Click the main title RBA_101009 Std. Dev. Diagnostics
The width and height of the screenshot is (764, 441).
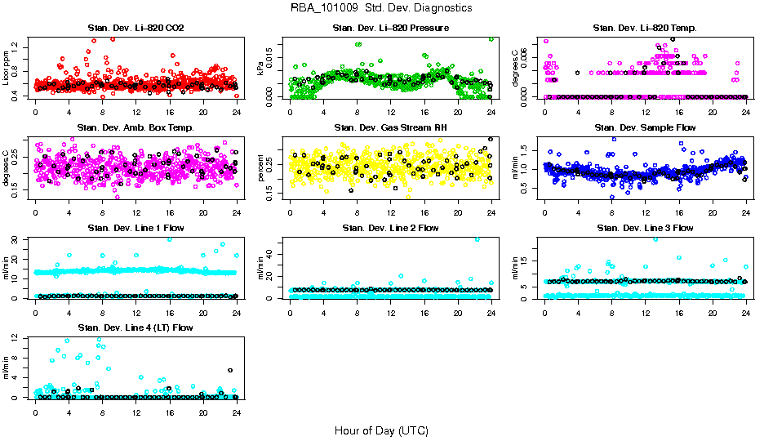coord(381,8)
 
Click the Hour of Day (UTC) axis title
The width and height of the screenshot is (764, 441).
coord(381,430)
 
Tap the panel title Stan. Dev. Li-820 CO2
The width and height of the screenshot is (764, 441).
coord(135,29)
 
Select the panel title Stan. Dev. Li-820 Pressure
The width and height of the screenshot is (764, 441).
coord(390,29)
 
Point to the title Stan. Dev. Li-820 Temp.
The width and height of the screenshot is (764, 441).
coord(645,29)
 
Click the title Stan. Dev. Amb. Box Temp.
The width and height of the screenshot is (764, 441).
coord(135,128)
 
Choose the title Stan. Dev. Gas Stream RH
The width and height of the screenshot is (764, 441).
coord(390,128)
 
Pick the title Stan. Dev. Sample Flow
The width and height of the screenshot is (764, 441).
coord(645,128)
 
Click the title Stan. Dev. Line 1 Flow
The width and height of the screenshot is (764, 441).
coord(135,228)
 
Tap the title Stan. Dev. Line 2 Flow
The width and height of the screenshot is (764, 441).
coord(390,228)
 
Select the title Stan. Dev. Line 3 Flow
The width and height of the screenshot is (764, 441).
coord(645,228)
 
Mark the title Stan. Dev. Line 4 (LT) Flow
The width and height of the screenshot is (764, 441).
coord(135,327)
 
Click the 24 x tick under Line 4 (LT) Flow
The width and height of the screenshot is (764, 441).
coord(236,412)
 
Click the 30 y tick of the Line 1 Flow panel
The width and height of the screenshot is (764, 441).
coord(17,239)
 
